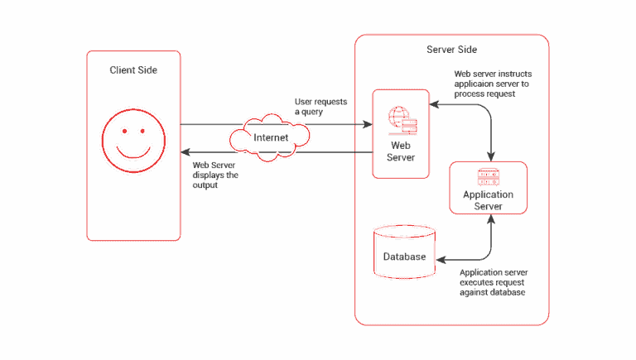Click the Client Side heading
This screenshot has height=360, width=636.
tap(133, 70)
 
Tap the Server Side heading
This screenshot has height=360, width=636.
tap(451, 50)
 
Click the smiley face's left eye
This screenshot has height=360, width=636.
tap(122, 132)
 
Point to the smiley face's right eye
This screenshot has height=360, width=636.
tap(145, 132)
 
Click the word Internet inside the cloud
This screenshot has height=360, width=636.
tap(271, 137)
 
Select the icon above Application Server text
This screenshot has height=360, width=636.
tap(488, 178)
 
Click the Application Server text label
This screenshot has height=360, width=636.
tap(488, 199)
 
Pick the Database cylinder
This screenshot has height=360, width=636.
tap(404, 253)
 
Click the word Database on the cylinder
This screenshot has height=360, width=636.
tap(404, 257)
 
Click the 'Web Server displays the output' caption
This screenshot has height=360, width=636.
tap(214, 175)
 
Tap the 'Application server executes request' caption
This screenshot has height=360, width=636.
tap(494, 282)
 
